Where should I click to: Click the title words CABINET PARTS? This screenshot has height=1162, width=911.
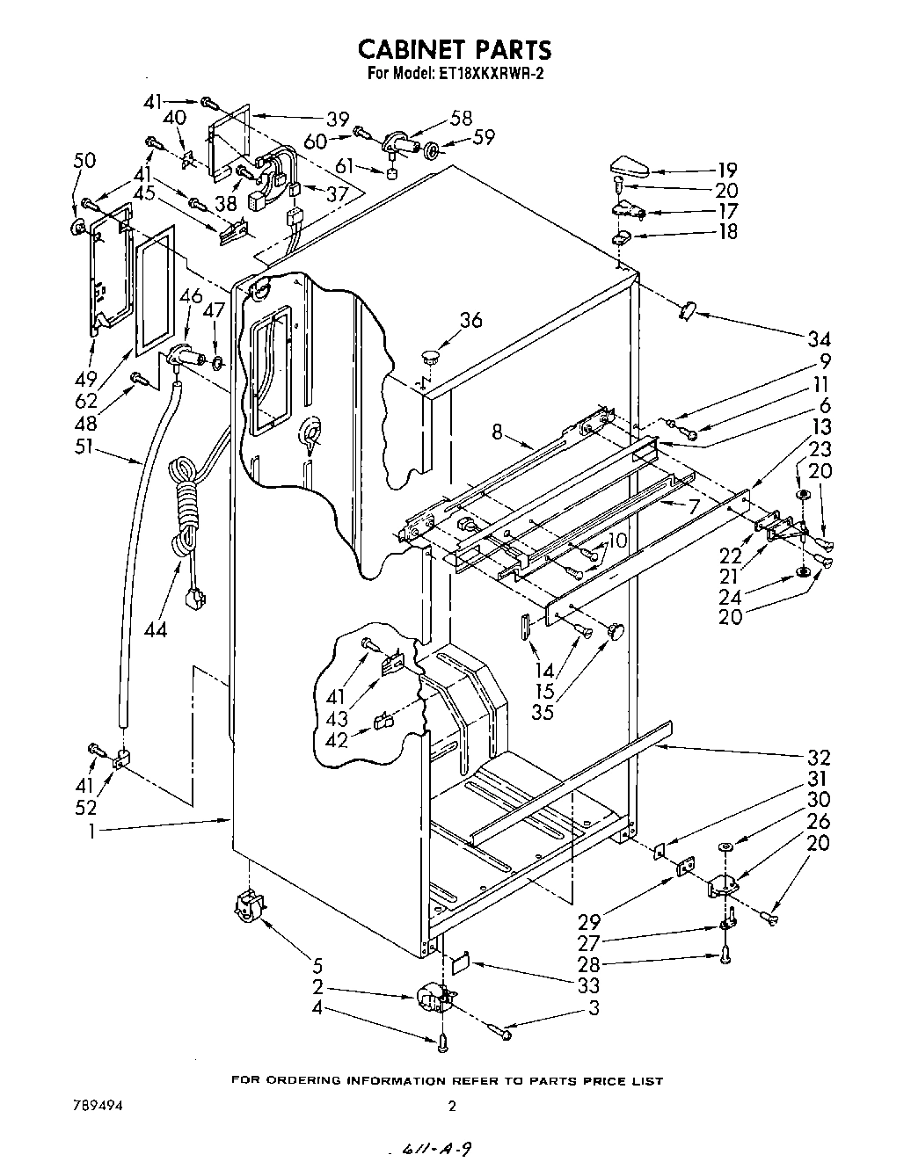click(455, 48)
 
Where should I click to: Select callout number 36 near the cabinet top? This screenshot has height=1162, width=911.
click(470, 322)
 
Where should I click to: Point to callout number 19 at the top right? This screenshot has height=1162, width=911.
click(726, 170)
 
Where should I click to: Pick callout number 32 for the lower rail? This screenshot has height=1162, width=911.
click(819, 759)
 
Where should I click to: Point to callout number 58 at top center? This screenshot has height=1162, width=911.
click(461, 119)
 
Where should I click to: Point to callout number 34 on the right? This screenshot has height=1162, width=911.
click(819, 339)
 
